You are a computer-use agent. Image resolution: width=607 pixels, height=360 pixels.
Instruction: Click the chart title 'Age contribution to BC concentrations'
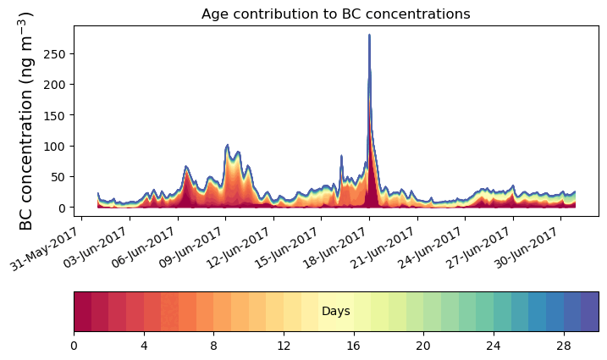335,14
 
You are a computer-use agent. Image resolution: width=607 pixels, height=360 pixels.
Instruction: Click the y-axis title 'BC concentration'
26,120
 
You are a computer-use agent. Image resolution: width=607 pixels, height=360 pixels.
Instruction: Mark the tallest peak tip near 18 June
369,36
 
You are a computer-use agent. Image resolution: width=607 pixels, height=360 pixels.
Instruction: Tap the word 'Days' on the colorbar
336,312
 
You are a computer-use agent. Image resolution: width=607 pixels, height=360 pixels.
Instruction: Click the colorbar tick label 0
74,346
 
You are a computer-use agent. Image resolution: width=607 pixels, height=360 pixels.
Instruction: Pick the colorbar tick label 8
213,346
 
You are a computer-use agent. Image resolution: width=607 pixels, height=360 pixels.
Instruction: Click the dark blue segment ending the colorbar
590,312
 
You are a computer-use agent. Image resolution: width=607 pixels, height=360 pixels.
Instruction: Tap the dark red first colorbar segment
82,312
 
